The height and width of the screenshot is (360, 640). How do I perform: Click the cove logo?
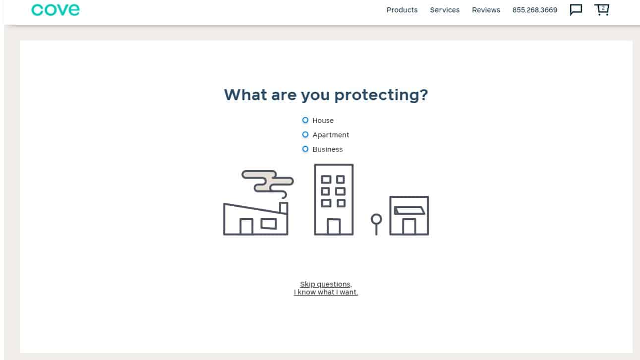(55, 10)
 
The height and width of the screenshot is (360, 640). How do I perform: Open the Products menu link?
(402, 10)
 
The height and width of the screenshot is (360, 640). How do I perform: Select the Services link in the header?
(445, 10)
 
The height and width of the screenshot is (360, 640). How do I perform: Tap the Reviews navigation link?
(486, 10)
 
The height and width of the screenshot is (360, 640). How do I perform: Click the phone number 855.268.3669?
(534, 10)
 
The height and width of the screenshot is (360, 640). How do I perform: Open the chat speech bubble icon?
(576, 10)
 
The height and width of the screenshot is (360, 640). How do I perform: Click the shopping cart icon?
(602, 9)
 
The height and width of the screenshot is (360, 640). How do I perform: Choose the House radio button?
(305, 120)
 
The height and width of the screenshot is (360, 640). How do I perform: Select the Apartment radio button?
(305, 134)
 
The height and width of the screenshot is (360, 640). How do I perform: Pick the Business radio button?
(305, 149)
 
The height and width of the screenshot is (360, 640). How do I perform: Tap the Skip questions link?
(326, 284)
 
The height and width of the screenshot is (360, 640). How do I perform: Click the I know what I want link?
(326, 292)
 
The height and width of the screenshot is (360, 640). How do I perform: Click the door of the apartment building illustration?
(334, 227)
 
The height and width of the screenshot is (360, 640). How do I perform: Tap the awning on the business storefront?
(409, 210)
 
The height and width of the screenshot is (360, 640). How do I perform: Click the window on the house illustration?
(269, 224)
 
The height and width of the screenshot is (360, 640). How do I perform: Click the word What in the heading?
(246, 95)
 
